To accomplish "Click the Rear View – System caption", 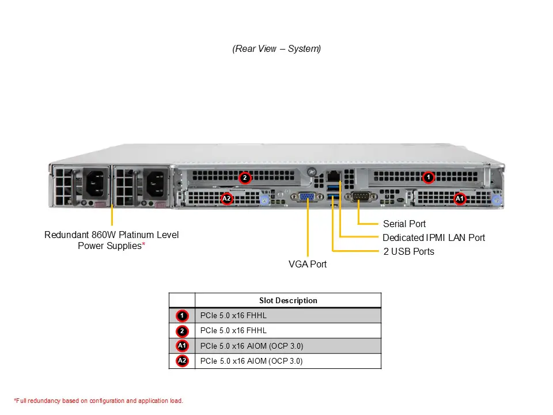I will (276, 49).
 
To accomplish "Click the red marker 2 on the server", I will (245, 178).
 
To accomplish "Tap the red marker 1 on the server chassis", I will (428, 178).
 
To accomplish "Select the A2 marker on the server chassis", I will (227, 199).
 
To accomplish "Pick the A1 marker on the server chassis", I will (459, 199).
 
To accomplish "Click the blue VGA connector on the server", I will (307, 197).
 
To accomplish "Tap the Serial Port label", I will (404, 224).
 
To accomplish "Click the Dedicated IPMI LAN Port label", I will (433, 237).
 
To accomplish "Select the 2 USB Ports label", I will (408, 251).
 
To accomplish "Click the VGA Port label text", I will (308, 264).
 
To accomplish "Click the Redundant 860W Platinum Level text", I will (112, 235).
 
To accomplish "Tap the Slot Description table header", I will (288, 300).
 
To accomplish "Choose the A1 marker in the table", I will (182, 346).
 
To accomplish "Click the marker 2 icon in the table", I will (182, 331).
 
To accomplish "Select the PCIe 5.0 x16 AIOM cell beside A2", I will (251, 361).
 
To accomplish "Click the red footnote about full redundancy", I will (99, 401).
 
